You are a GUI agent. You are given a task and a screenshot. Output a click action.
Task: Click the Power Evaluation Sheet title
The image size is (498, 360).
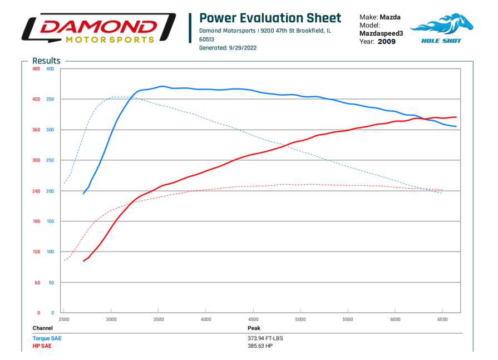click(270, 18)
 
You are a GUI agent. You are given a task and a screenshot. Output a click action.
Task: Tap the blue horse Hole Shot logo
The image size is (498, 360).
click(442, 28)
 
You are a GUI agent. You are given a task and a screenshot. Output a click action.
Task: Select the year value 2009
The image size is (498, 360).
click(386, 41)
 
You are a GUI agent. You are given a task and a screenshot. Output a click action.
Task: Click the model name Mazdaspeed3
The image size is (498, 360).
click(381, 33)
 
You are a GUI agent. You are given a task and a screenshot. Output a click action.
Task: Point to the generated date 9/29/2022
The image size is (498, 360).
click(243, 48)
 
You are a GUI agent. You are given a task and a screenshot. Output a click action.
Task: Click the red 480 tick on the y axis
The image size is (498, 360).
click(36, 69)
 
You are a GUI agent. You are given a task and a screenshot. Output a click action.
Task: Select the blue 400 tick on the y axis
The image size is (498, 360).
click(50, 69)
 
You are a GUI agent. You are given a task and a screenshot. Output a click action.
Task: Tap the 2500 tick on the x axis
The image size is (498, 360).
click(64, 319)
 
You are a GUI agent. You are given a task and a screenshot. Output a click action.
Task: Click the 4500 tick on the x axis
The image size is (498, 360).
click(253, 319)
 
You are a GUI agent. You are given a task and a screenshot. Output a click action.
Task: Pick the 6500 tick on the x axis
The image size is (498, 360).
click(442, 319)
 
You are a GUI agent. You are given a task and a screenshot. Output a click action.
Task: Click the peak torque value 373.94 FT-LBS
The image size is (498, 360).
click(269, 338)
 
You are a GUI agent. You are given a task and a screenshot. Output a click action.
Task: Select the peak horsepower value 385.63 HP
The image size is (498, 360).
click(260, 346)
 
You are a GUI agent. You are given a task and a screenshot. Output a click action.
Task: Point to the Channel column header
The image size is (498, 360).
click(42, 328)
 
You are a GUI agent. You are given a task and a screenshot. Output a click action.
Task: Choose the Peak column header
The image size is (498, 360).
click(254, 328)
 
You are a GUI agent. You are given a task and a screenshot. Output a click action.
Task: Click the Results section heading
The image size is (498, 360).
click(46, 61)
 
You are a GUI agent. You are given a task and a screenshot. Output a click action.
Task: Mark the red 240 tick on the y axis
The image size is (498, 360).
click(36, 191)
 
